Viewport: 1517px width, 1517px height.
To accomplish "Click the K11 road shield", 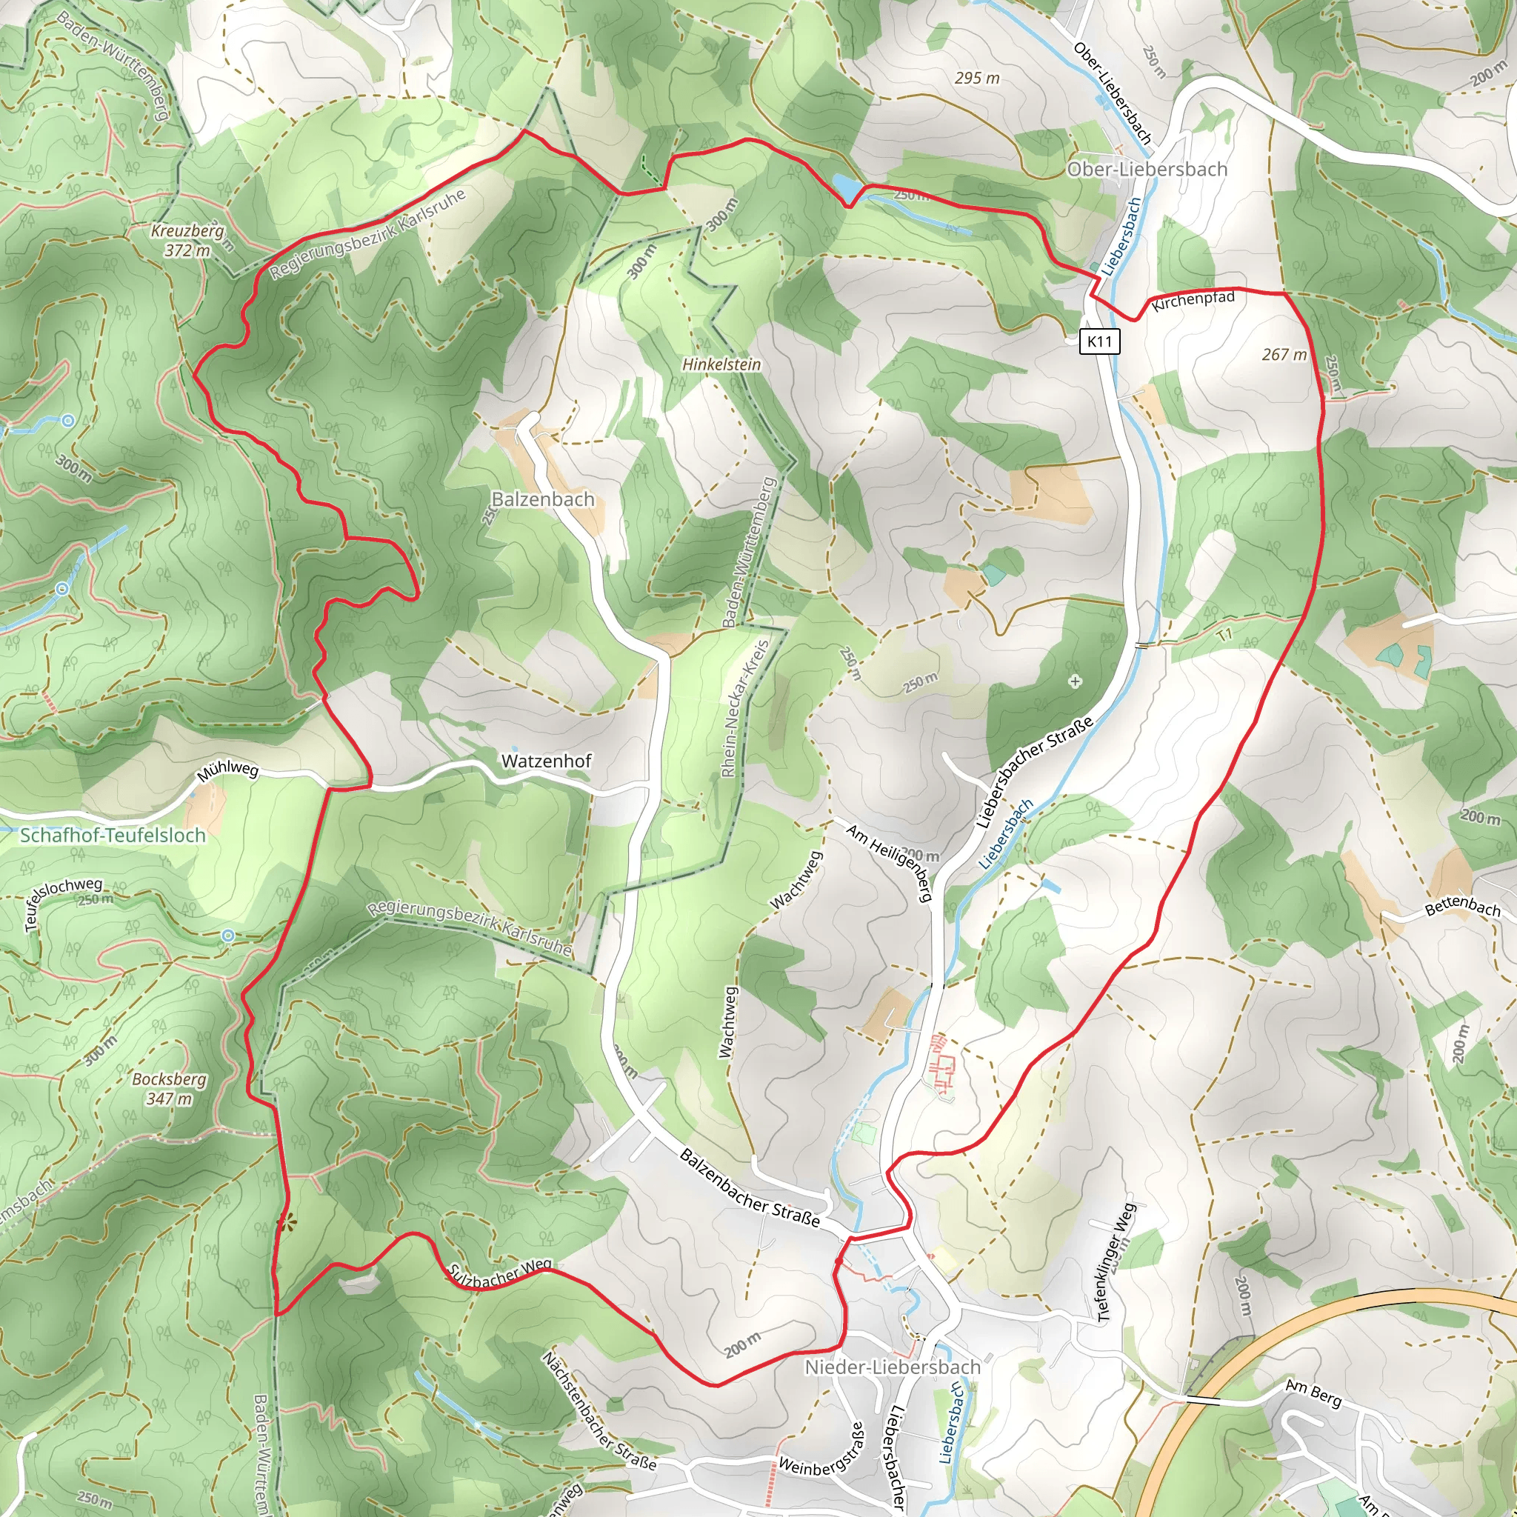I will click(x=1099, y=341).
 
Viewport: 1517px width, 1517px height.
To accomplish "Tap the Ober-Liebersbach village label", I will click(x=1147, y=169).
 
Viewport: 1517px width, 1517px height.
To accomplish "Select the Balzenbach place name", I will click(x=542, y=499).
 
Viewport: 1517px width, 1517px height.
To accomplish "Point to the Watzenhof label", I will click(x=547, y=761).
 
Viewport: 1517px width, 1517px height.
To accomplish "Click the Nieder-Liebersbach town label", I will click(x=893, y=1367).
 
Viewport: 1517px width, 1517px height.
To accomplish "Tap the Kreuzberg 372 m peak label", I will click(x=188, y=241).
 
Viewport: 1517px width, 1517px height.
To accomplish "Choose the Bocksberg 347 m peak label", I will click(x=169, y=1088).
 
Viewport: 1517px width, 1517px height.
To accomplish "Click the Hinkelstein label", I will click(x=721, y=364).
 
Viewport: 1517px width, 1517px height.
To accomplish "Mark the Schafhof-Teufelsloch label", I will click(x=113, y=836).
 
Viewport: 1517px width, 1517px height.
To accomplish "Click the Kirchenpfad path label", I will click(x=1193, y=301).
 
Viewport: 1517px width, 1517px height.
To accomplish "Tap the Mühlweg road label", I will click(x=227, y=772).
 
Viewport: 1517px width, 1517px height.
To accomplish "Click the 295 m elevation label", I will click(x=977, y=78).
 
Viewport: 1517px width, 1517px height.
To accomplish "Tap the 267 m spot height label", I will click(x=1284, y=355).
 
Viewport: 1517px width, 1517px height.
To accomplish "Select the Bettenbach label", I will click(x=1462, y=907).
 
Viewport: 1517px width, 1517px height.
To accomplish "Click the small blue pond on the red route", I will click(x=846, y=186).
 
